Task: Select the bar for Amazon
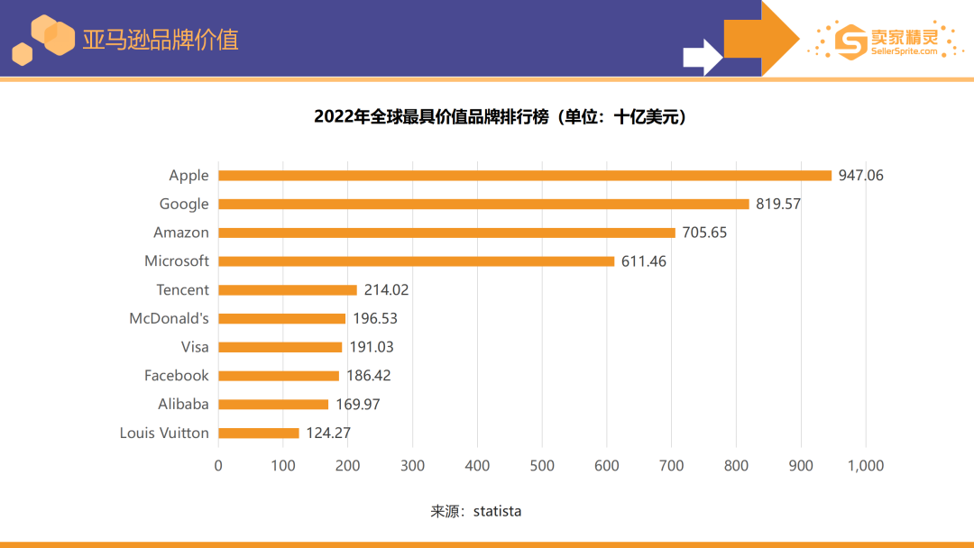[x=446, y=233]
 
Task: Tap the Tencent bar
[x=288, y=290]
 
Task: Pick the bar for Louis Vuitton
[x=259, y=434]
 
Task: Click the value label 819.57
[x=778, y=205]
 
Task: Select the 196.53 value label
[x=375, y=319]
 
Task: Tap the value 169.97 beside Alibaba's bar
[x=358, y=405]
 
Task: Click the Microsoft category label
[x=177, y=261]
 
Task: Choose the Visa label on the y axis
[x=195, y=347]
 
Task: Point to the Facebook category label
[x=177, y=376]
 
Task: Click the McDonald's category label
[x=170, y=318]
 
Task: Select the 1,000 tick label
[x=865, y=466]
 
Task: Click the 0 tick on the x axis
[x=218, y=466]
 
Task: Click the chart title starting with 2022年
[x=500, y=117]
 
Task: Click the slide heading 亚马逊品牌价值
[x=161, y=40]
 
